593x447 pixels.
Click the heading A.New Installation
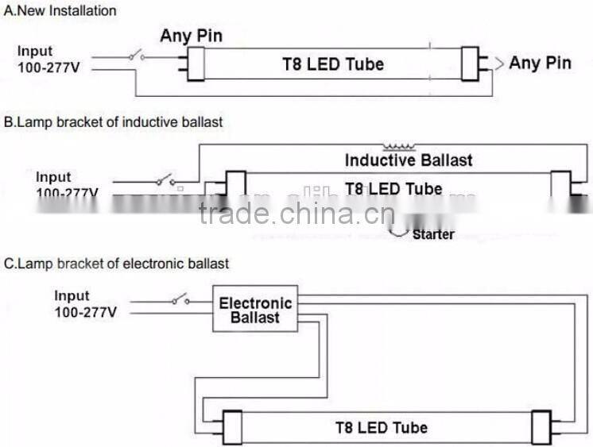(x=60, y=11)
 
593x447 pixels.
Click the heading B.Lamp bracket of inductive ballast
(x=114, y=122)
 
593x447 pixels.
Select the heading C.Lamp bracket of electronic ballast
(x=117, y=263)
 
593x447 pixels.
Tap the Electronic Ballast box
(x=255, y=310)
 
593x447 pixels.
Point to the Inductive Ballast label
(x=408, y=160)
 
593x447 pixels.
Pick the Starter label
(x=433, y=234)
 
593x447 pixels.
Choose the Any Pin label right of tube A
(x=540, y=63)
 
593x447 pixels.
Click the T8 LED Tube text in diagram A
(x=333, y=64)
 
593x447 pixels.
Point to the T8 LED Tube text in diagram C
(x=381, y=427)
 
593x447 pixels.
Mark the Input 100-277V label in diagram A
(x=47, y=59)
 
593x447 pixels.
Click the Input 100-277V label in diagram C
(x=85, y=304)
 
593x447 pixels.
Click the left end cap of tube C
(x=231, y=426)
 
